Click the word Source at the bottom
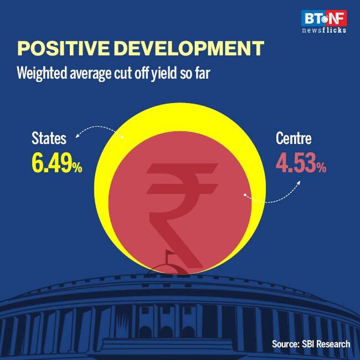tap(284, 344)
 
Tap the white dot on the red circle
tap(244, 195)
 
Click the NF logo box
tap(337, 18)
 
